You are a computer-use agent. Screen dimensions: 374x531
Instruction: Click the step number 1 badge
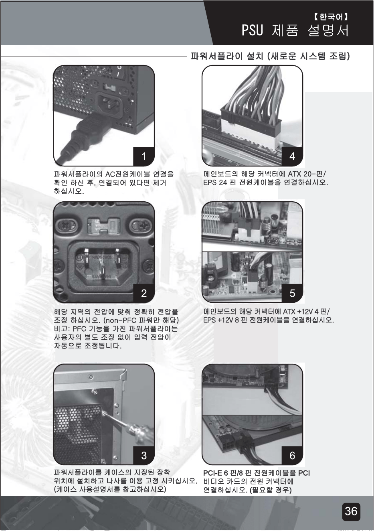(x=144, y=156)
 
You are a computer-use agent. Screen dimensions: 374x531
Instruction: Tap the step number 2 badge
(x=144, y=293)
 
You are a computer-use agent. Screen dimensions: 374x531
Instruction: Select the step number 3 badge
(x=144, y=455)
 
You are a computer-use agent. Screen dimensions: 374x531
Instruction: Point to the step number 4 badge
(x=292, y=156)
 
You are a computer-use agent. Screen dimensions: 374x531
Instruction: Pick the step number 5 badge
(x=292, y=293)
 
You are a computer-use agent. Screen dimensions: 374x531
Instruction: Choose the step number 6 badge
(x=292, y=455)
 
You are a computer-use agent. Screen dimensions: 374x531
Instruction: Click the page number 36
(x=351, y=511)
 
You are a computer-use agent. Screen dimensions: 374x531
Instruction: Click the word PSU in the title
(x=253, y=30)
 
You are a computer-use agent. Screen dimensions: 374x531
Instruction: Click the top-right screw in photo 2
(x=139, y=224)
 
